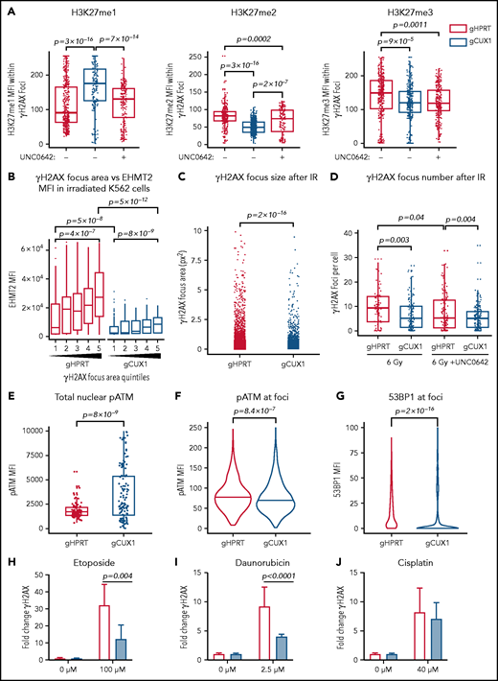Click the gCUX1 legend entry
tap(466, 43)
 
